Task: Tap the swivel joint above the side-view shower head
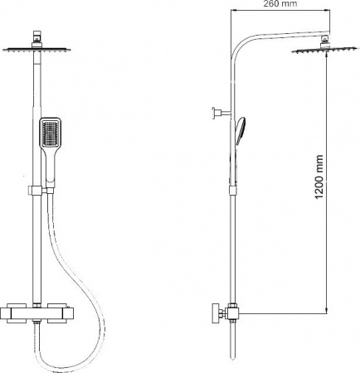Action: pyautogui.click(x=324, y=39)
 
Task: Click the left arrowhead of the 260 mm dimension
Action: pyautogui.click(x=235, y=12)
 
